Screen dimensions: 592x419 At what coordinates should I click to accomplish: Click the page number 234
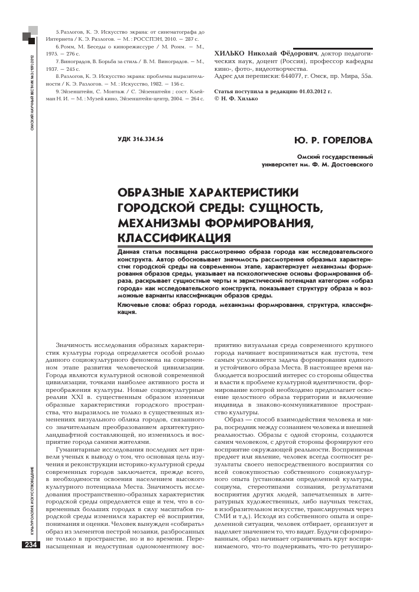coord(31,545)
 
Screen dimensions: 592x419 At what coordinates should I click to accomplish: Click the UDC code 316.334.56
coord(141,139)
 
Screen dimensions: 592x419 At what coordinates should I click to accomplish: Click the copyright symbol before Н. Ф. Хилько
coord(216,99)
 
